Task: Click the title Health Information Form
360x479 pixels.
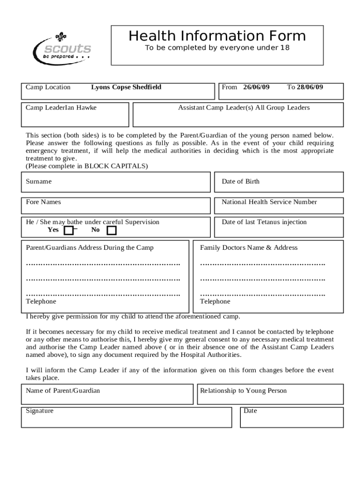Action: tap(217, 36)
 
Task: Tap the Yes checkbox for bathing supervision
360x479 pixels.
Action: tap(69, 230)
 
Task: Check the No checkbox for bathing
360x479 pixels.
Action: tap(111, 230)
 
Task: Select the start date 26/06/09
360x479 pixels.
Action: tap(256, 87)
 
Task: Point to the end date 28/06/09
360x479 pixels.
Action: tap(310, 87)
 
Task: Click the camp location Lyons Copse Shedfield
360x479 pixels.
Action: tap(126, 87)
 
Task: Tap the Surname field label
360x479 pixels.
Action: tap(39, 181)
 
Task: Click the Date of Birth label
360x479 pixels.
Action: tap(240, 181)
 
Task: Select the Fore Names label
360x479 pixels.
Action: tap(43, 202)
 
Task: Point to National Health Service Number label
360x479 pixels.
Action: tap(269, 202)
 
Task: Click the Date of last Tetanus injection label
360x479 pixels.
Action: tap(264, 222)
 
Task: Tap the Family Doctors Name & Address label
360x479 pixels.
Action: tap(249, 247)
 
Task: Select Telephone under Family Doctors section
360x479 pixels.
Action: tap(215, 302)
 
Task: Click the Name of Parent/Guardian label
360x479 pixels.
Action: tap(63, 391)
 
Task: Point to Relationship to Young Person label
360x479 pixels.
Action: tap(243, 391)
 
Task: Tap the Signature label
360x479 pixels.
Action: tap(40, 411)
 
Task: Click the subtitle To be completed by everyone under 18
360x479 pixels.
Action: tap(216, 48)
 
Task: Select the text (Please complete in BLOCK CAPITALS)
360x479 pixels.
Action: tap(86, 166)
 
